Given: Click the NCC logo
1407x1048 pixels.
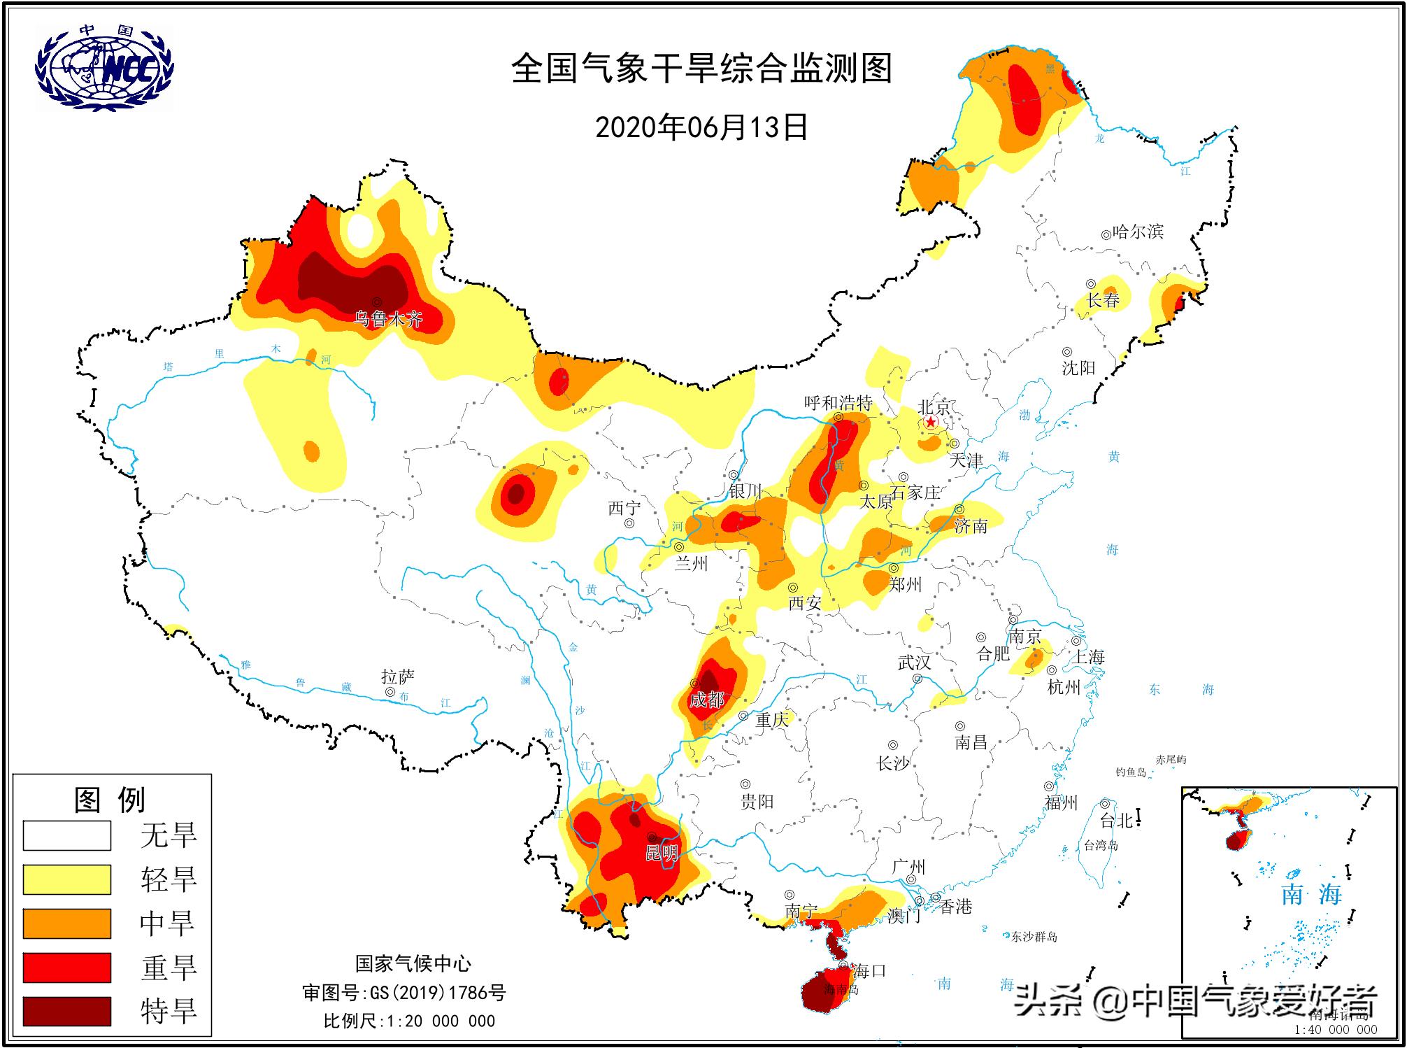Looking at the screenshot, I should (103, 68).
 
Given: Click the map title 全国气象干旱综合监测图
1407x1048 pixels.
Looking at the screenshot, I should (701, 69).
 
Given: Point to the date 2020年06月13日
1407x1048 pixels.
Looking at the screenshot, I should (701, 127).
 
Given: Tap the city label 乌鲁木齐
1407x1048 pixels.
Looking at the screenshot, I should (389, 320).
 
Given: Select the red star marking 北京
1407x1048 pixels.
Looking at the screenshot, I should (931, 423).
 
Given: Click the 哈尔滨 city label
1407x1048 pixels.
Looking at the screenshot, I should (1138, 232).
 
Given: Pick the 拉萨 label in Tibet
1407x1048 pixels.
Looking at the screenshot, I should (397, 677).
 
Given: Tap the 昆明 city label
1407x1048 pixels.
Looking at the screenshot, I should (661, 853).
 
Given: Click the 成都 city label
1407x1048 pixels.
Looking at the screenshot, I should (706, 699).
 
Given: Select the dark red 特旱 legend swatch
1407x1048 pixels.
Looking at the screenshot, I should (67, 1011).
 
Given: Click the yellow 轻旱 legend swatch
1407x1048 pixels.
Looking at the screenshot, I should (67, 879).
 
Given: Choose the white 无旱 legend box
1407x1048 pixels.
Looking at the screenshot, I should (67, 835).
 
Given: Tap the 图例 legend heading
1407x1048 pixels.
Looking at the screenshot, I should (110, 800).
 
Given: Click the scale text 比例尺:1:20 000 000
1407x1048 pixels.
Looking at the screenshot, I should (409, 1021).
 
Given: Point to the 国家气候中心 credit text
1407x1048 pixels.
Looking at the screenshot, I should (413, 964).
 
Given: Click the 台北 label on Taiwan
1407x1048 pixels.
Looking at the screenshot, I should (1116, 821).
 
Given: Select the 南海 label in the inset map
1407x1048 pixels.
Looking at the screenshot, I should (1311, 894).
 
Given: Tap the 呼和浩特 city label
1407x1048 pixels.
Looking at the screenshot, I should (838, 403).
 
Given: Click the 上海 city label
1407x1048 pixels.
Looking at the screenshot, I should (1089, 656).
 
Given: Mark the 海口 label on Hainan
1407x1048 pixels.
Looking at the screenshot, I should (870, 971).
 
